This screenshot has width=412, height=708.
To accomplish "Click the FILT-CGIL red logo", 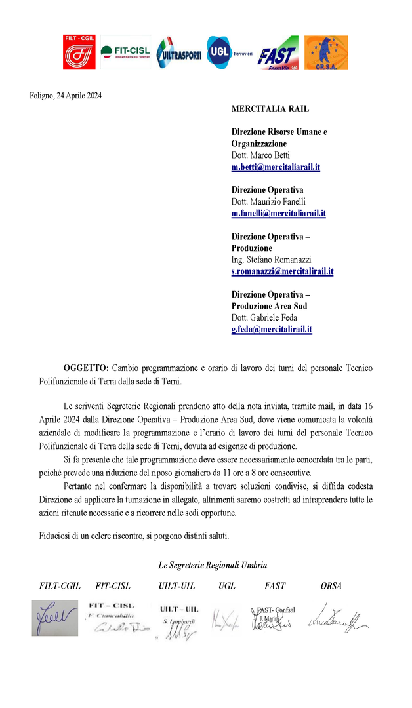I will [x=79, y=52].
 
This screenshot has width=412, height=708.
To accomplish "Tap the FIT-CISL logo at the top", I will [x=125, y=52].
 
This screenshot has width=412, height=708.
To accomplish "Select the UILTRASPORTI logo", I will [x=179, y=53].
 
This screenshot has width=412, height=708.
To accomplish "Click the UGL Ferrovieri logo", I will [x=228, y=52].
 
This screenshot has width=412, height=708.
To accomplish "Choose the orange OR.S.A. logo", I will [x=326, y=52].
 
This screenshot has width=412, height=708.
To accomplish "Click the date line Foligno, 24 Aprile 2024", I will [x=66, y=96].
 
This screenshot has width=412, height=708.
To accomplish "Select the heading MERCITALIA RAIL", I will [x=270, y=109].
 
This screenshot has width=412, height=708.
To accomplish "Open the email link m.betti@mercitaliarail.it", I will [x=276, y=167].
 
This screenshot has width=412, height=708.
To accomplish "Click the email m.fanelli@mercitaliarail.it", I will [x=278, y=214].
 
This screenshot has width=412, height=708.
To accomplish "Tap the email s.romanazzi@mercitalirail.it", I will [x=282, y=271].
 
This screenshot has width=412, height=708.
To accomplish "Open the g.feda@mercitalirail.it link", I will [x=272, y=329].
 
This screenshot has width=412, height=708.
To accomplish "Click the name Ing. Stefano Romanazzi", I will [x=271, y=260].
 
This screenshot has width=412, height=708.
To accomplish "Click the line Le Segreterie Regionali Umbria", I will [x=213, y=565].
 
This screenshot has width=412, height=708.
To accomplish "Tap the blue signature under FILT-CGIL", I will [x=54, y=618].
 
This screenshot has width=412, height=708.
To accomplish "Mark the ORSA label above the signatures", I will [x=331, y=586].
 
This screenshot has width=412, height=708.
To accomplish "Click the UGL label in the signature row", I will [x=226, y=586].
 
